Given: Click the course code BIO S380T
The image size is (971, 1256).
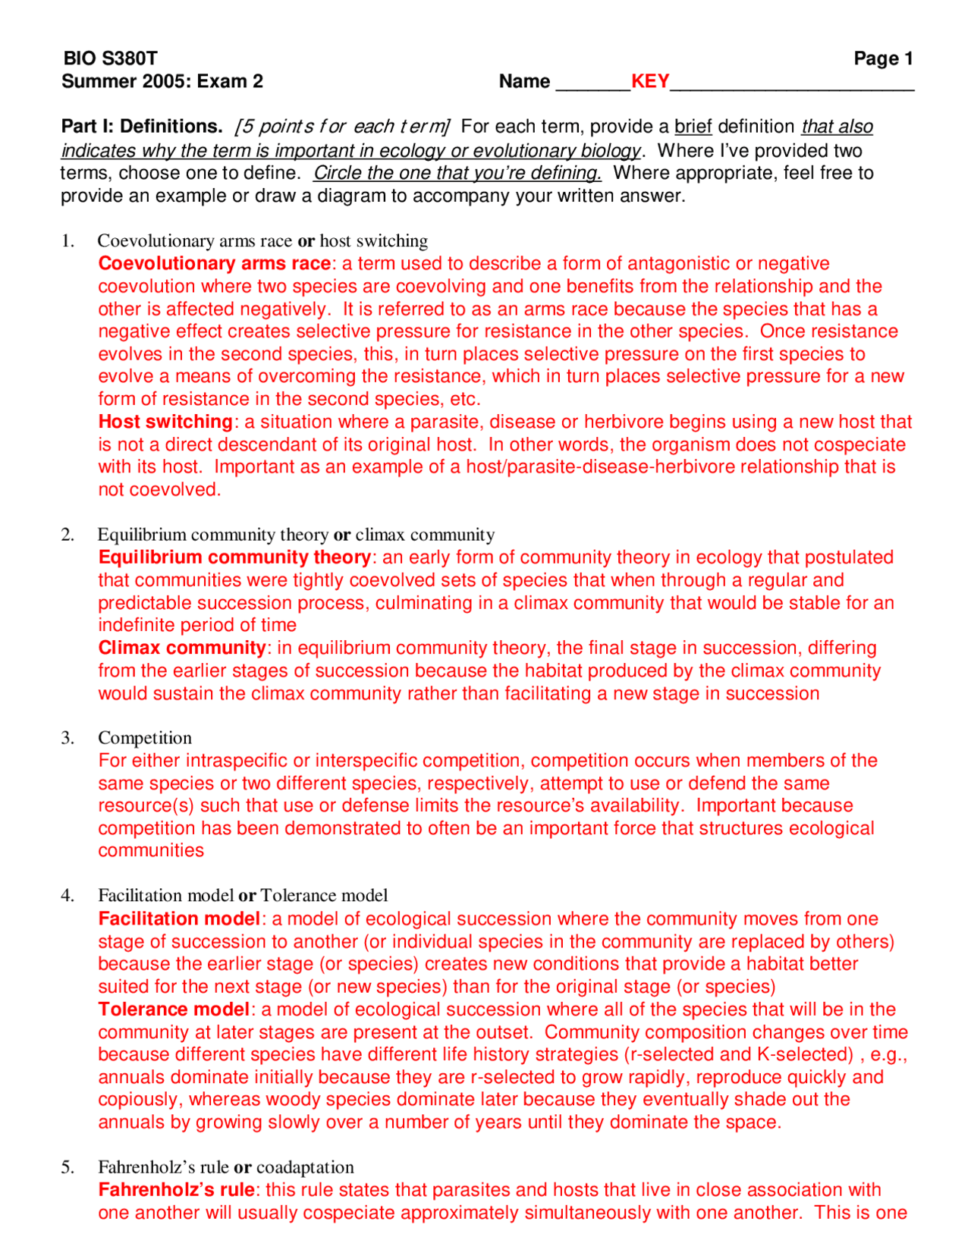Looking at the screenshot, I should pos(110,58).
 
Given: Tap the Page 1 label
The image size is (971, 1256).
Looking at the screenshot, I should pos(883,58).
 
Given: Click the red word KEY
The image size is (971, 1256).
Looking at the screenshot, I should pos(650,81).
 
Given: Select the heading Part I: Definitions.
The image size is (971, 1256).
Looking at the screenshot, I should pos(142,126).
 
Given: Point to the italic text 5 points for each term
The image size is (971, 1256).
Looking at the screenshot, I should pos(342,126).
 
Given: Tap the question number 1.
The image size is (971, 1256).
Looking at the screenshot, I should pos(68,241).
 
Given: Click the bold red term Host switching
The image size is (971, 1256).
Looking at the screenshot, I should pos(165,422).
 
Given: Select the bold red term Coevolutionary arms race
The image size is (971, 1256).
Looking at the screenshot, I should pos(214,263).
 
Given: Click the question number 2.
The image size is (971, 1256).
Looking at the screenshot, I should pos(68,535).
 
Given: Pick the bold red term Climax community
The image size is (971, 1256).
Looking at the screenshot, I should pos(181,648).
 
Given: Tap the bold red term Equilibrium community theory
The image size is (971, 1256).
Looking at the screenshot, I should pos(234,557).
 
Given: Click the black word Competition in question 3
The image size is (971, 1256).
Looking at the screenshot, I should pos(145,738).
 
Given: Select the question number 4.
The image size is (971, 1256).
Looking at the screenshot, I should pos(68,896).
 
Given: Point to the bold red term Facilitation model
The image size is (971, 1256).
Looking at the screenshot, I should pos(179,918).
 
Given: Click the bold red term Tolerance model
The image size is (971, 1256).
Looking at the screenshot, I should pos(174,1010).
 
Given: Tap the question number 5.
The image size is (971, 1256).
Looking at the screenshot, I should pos(68,1167).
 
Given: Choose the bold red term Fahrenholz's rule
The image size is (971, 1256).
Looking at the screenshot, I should pos(176,1190).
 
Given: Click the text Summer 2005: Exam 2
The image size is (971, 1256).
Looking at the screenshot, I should pos(162,81).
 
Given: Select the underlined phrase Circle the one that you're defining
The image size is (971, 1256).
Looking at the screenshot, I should pos(457,173).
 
